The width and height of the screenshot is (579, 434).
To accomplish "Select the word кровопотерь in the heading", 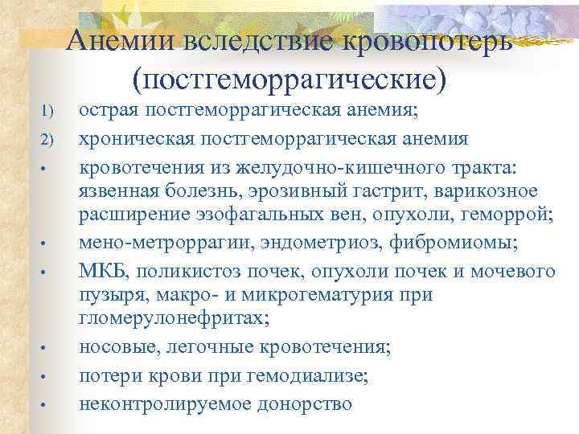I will (426, 39).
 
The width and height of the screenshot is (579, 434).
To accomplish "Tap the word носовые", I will (117, 348).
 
